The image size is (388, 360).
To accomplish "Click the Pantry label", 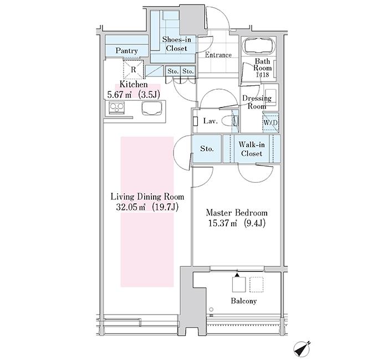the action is [x=126, y=51].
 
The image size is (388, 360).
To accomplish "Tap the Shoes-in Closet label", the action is [x=177, y=44].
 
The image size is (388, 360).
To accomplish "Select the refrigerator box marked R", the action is [x=133, y=69].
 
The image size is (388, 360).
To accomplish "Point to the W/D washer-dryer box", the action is [x=270, y=122].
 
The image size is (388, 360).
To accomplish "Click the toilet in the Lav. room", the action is [x=229, y=121].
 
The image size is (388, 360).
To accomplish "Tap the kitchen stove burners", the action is [x=116, y=107].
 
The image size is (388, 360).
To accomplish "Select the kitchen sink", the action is [x=152, y=109].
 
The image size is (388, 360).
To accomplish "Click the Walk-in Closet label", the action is [x=252, y=149].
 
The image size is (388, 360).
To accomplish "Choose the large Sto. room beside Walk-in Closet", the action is [x=207, y=148].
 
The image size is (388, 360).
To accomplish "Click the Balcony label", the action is [x=244, y=301].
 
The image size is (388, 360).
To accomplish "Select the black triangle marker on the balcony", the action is [x=237, y=275].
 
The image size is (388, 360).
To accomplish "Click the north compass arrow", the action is [x=302, y=348].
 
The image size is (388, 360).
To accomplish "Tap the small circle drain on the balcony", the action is [x=211, y=309].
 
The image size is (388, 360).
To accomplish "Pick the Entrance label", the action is [x=218, y=55].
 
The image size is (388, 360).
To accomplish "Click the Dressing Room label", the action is [x=257, y=102].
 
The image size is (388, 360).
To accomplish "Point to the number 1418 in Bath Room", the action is [x=262, y=74].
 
